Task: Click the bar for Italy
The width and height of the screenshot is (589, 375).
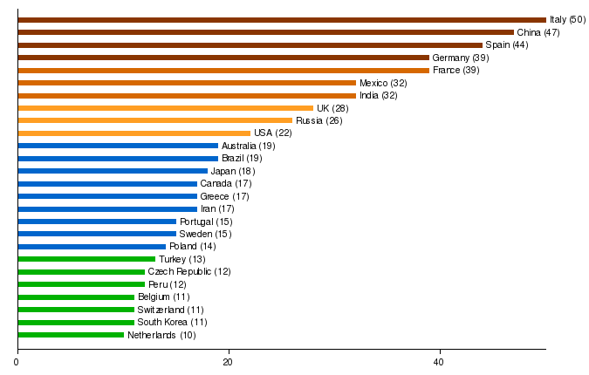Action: pyautogui.click(x=281, y=19)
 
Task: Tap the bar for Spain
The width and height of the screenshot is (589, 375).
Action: pyautogui.click(x=250, y=44)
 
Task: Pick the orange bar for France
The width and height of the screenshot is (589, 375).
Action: pyautogui.click(x=223, y=70)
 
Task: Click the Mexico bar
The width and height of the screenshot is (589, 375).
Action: pyautogui.click(x=187, y=83)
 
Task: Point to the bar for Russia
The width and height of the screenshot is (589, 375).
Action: pyautogui.click(x=154, y=120)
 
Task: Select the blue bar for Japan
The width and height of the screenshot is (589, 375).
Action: pyautogui.click(x=113, y=171)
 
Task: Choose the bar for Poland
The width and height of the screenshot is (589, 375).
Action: pyautogui.click(x=92, y=247)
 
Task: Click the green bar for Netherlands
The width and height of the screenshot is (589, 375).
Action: pyautogui.click(x=71, y=335)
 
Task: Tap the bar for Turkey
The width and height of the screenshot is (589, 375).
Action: pyautogui.click(x=86, y=259)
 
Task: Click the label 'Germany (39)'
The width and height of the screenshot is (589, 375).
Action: pyautogui.click(x=461, y=58)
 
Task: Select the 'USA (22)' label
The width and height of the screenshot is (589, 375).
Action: pyautogui.click(x=273, y=133)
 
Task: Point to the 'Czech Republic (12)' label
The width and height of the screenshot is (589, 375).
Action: pyautogui.click(x=189, y=272)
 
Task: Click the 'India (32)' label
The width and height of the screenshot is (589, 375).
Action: pyautogui.click(x=379, y=95)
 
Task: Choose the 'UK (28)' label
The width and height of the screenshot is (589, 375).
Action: pyautogui.click(x=332, y=108)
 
